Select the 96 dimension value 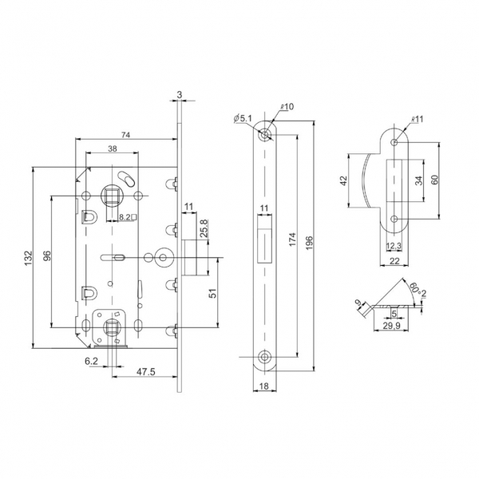coord(46,256)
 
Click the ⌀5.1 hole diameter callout coord(243,120)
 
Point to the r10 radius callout coord(288,107)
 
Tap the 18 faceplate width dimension coord(263,387)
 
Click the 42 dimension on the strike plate coord(343,181)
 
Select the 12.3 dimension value coord(393,246)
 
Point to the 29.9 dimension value coord(391,326)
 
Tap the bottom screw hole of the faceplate coord(263,356)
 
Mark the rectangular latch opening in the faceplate coord(263,244)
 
